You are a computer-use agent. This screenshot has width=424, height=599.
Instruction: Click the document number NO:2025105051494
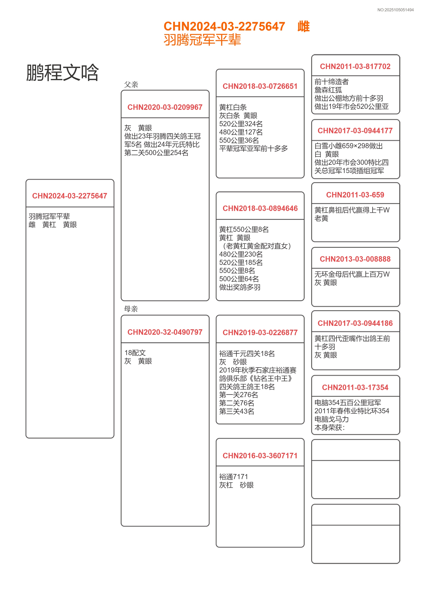point(395,10)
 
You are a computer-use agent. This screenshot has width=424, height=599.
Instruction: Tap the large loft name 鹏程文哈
point(62,72)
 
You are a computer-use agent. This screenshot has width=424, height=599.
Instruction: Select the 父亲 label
point(131,85)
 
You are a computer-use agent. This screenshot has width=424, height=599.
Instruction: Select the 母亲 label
point(131,309)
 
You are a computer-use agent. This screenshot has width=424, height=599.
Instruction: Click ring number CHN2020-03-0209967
point(165,107)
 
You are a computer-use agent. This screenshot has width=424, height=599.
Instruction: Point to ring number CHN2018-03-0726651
point(260,86)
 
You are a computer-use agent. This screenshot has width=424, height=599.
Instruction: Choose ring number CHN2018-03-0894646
point(260,208)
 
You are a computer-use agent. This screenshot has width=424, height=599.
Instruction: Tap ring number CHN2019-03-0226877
point(260,333)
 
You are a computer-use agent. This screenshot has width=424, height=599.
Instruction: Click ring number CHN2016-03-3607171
point(260,456)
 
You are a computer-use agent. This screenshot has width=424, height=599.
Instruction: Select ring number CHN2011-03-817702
point(355,67)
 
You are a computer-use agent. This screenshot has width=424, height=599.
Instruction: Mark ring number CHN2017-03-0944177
point(355,131)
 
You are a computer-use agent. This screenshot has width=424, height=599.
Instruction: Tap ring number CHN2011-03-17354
point(355,387)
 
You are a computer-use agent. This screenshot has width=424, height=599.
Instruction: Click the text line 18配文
point(135,353)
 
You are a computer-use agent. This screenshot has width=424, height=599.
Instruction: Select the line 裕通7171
point(233,477)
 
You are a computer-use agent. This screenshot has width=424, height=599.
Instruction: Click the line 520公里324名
point(241,124)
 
